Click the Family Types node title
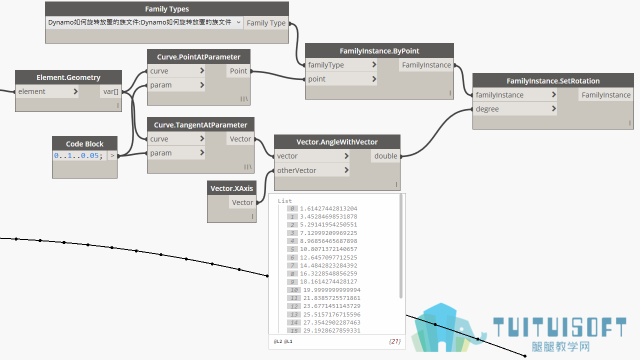[167, 9]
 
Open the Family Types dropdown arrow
[238, 22]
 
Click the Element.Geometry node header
[68, 77]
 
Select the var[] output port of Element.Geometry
[111, 91]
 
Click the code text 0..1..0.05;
[78, 155]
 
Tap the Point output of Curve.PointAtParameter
[238, 71]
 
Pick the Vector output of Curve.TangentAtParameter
[240, 139]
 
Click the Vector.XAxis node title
[231, 188]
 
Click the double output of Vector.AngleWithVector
[385, 155]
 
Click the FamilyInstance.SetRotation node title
[553, 81]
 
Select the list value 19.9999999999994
[331, 289]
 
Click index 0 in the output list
[292, 208]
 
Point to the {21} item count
[394, 341]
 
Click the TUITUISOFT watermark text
[559, 327]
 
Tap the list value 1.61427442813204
[328, 208]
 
